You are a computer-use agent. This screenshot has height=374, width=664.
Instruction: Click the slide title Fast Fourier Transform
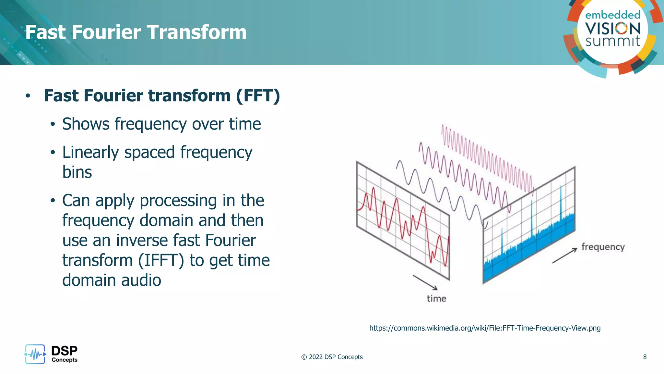[x=136, y=32]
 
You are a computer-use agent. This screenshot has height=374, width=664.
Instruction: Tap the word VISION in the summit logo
[x=613, y=29]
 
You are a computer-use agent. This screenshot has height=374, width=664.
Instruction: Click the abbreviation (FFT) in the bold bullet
[x=258, y=96]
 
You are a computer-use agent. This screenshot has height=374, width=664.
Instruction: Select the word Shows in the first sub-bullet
[x=86, y=124]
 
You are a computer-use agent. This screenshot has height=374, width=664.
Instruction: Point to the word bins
[x=77, y=172]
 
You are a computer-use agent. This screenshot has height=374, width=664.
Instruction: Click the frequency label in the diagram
[x=603, y=247]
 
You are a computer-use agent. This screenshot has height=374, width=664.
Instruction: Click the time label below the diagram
[x=436, y=298]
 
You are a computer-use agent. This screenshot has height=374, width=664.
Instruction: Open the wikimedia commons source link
[x=485, y=328]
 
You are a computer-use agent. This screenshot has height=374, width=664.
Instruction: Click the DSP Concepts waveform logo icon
[x=35, y=354]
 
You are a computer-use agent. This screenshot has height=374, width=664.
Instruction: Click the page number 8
[x=645, y=357]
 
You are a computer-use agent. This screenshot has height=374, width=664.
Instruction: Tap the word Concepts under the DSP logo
[x=65, y=360]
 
